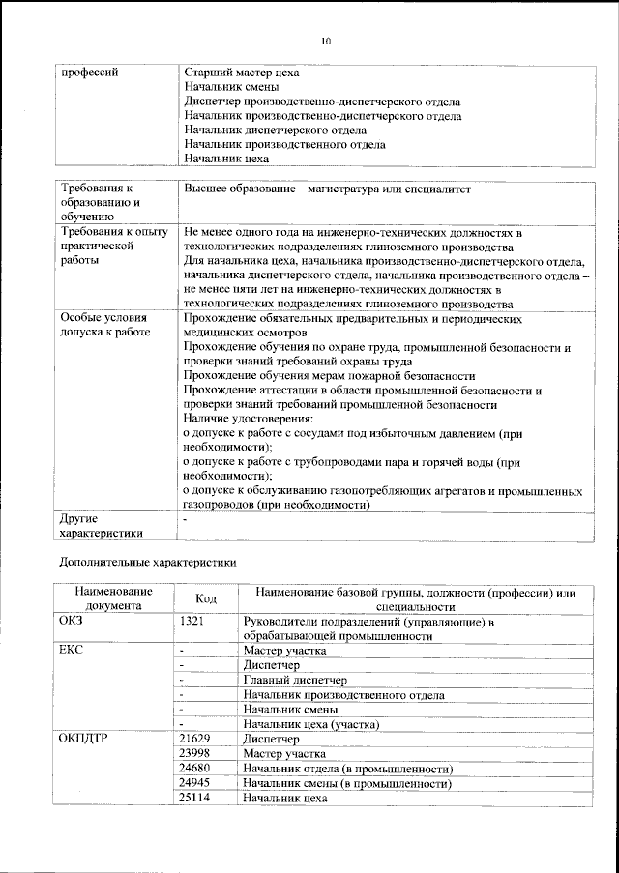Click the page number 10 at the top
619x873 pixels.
(x=325, y=41)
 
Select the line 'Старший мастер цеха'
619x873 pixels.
(x=242, y=73)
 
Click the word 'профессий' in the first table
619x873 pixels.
(x=89, y=73)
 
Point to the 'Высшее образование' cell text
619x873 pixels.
(x=327, y=189)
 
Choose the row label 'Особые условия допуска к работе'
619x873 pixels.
(x=104, y=325)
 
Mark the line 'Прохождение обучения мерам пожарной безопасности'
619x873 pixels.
(x=329, y=375)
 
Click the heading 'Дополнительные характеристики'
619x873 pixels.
(x=147, y=561)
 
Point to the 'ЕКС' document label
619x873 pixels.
(x=73, y=651)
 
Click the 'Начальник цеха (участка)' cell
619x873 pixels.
(x=311, y=723)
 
